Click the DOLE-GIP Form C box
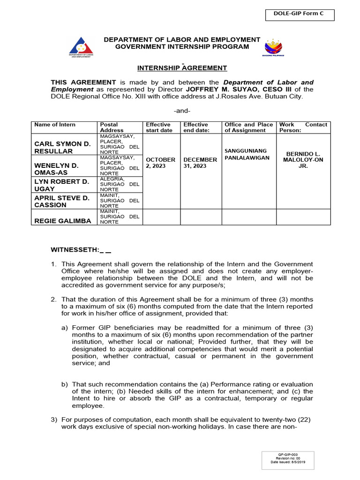click(x=305, y=15)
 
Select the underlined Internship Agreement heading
click(x=182, y=68)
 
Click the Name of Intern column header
click(x=55, y=125)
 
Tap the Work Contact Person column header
click(x=303, y=127)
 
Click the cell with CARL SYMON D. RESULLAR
click(x=62, y=147)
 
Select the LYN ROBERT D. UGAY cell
click(x=61, y=185)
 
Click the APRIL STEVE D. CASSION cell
click(x=61, y=202)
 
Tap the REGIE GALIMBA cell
click(x=63, y=221)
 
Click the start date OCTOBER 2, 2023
click(x=161, y=163)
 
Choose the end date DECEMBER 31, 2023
click(x=200, y=163)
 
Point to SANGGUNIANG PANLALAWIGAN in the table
click(x=248, y=154)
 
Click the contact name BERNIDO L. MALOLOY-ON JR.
click(x=303, y=160)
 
